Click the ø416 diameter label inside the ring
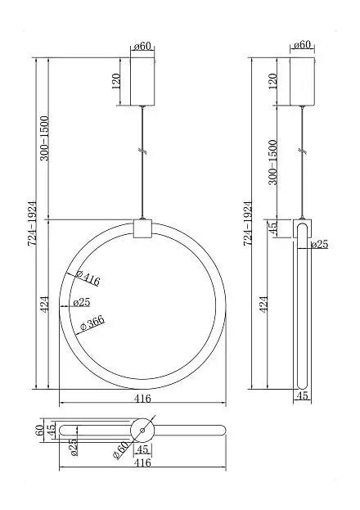(x=88, y=278)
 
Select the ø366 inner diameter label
(x=92, y=323)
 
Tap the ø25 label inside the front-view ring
(x=82, y=302)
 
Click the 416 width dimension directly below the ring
(x=142, y=398)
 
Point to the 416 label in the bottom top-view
(x=142, y=463)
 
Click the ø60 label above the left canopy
(x=142, y=46)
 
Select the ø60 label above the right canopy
(x=302, y=44)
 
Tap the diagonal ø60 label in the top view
(x=121, y=450)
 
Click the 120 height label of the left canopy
(x=116, y=81)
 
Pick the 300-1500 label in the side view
(x=272, y=162)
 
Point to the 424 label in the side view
(x=264, y=304)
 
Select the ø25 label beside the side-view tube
(x=319, y=244)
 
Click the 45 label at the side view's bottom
(x=302, y=395)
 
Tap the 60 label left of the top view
(x=39, y=430)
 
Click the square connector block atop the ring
(x=142, y=228)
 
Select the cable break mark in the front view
(x=142, y=151)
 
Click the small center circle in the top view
(x=142, y=431)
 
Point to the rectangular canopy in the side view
(x=302, y=81)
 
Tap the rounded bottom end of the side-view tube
(x=302, y=384)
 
